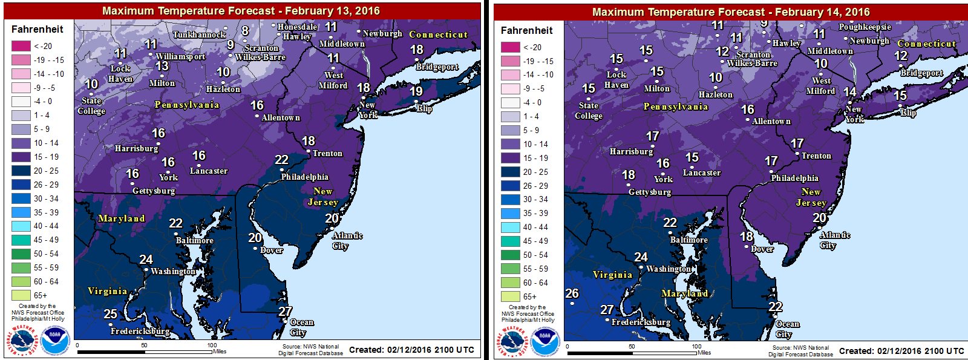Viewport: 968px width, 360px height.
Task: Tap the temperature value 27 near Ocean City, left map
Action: pyautogui.click(x=285, y=312)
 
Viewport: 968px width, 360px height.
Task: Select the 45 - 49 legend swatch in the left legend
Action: pyautogui.click(x=21, y=240)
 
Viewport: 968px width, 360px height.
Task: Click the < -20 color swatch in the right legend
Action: pyautogui.click(x=510, y=47)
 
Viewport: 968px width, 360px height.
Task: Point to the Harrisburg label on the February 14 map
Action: pyautogui.click(x=631, y=151)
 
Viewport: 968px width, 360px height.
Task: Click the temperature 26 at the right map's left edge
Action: pyautogui.click(x=572, y=293)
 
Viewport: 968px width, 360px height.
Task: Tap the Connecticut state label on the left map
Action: pyautogui.click(x=438, y=34)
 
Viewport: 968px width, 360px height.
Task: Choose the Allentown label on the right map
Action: pyautogui.click(x=771, y=121)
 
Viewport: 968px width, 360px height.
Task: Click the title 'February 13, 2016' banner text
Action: pyautogui.click(x=241, y=10)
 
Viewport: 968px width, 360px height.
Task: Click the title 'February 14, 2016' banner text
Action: pyautogui.click(x=731, y=11)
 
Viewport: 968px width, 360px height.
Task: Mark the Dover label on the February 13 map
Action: pyautogui.click(x=271, y=250)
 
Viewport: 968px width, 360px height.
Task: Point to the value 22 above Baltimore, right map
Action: pyautogui.click(x=670, y=223)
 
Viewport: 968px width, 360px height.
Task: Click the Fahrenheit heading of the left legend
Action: pyautogui.click(x=37, y=29)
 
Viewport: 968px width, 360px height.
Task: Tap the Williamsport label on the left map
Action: pyautogui.click(x=180, y=56)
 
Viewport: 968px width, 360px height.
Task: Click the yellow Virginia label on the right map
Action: pyautogui.click(x=612, y=275)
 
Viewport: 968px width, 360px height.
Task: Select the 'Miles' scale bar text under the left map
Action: pyautogui.click(x=220, y=352)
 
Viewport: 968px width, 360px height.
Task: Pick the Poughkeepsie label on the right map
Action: pyautogui.click(x=865, y=27)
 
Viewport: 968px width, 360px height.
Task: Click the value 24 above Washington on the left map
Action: pyautogui.click(x=146, y=260)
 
